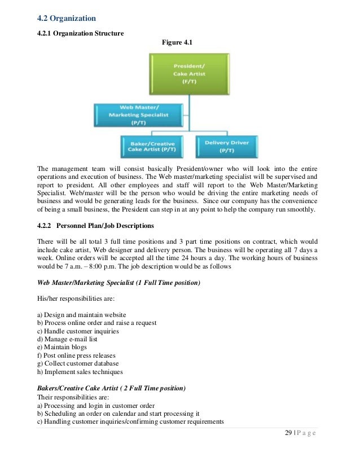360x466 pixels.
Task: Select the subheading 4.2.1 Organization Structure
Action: (x=80, y=33)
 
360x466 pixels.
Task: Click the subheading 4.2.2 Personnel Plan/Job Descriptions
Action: (x=95, y=226)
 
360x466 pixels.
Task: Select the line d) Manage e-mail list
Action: (x=68, y=339)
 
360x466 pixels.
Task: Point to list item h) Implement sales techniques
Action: (x=80, y=372)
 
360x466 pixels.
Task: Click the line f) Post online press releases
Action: (x=76, y=355)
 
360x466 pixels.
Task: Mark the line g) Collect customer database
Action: (x=76, y=363)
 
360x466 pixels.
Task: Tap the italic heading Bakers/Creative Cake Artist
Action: (x=111, y=389)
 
